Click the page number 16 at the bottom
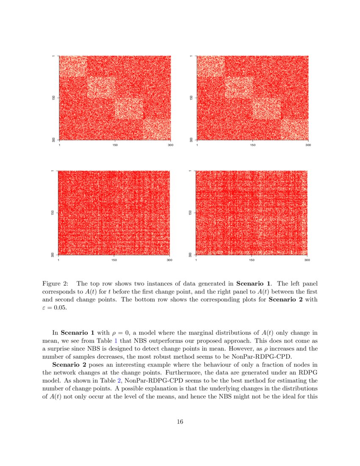pos(180,422)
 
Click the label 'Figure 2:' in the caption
pos(55,283)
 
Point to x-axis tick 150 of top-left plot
pos(115,145)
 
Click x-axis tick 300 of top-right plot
pos(308,145)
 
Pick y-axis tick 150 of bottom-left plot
pos(53,212)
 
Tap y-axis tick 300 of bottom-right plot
pos(191,255)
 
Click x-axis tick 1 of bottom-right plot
pos(196,260)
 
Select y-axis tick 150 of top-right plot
pos(191,97)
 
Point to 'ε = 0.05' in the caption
pos(55,308)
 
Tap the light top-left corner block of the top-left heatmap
pos(72,66)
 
